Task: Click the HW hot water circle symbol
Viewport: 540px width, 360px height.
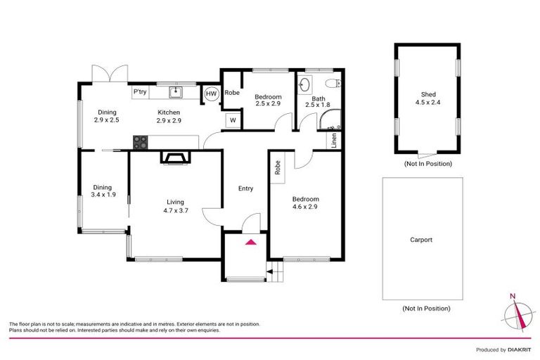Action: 211,93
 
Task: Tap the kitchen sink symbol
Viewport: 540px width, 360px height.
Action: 176,92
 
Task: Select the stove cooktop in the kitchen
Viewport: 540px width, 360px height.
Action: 140,141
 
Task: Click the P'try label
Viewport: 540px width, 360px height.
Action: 140,92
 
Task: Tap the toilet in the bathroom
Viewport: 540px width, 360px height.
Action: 337,84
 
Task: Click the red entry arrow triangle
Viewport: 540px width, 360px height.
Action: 249,243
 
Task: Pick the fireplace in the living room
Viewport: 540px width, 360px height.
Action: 174,157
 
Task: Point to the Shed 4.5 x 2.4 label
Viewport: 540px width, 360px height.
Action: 427,99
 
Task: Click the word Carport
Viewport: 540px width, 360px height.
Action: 421,240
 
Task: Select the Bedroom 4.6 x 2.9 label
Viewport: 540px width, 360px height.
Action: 305,204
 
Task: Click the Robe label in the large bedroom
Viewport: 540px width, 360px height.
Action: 278,167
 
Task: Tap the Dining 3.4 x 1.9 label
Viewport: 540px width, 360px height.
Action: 103,191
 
